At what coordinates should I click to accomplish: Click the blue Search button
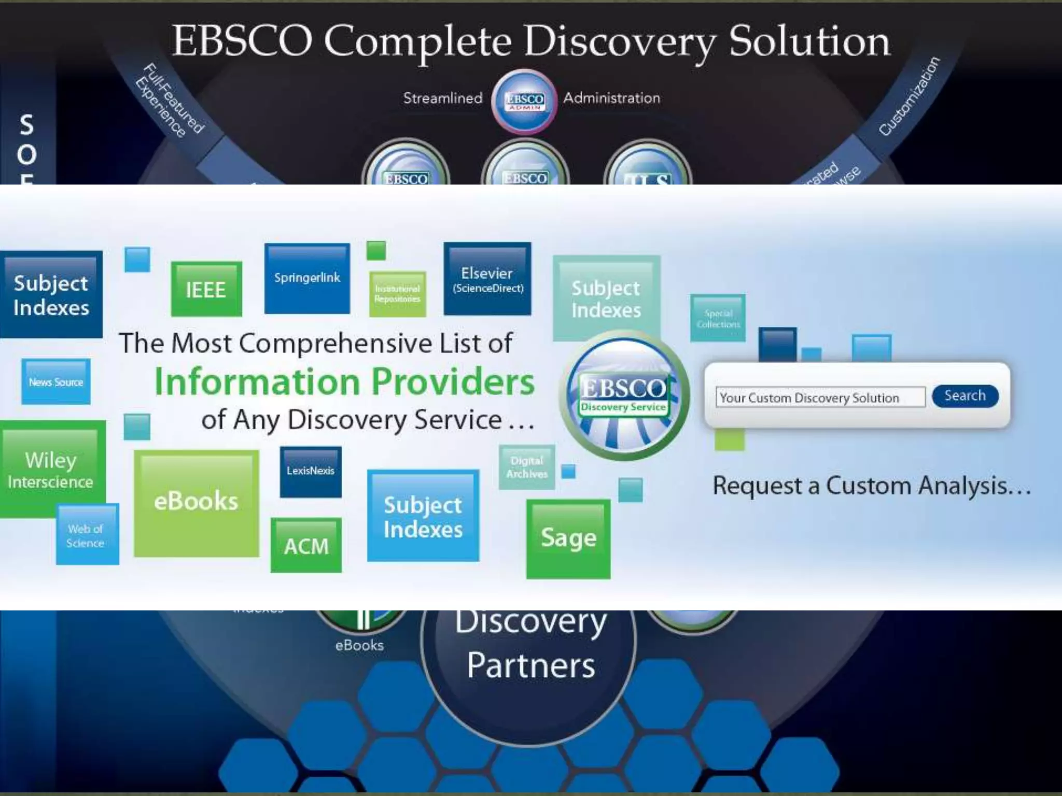(x=965, y=396)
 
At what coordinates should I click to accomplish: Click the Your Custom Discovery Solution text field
(x=820, y=397)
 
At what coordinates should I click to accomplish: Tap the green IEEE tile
(x=206, y=289)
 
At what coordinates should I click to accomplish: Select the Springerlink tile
(x=307, y=279)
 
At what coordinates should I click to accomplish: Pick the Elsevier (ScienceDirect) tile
(x=487, y=279)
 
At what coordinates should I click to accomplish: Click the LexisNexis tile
(x=311, y=472)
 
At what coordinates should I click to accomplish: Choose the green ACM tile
(x=306, y=546)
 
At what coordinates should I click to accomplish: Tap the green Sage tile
(x=568, y=538)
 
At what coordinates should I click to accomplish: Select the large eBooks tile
(x=196, y=502)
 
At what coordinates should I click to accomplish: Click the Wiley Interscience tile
(x=51, y=470)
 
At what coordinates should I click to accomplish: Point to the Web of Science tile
(x=86, y=535)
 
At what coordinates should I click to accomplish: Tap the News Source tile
(x=55, y=382)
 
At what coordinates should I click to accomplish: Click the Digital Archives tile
(x=527, y=467)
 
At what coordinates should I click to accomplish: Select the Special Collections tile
(x=718, y=319)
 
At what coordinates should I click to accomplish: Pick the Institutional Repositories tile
(x=397, y=294)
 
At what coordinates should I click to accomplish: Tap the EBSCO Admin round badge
(x=525, y=101)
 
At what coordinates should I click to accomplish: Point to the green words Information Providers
(x=344, y=382)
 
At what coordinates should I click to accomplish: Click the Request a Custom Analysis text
(x=871, y=486)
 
